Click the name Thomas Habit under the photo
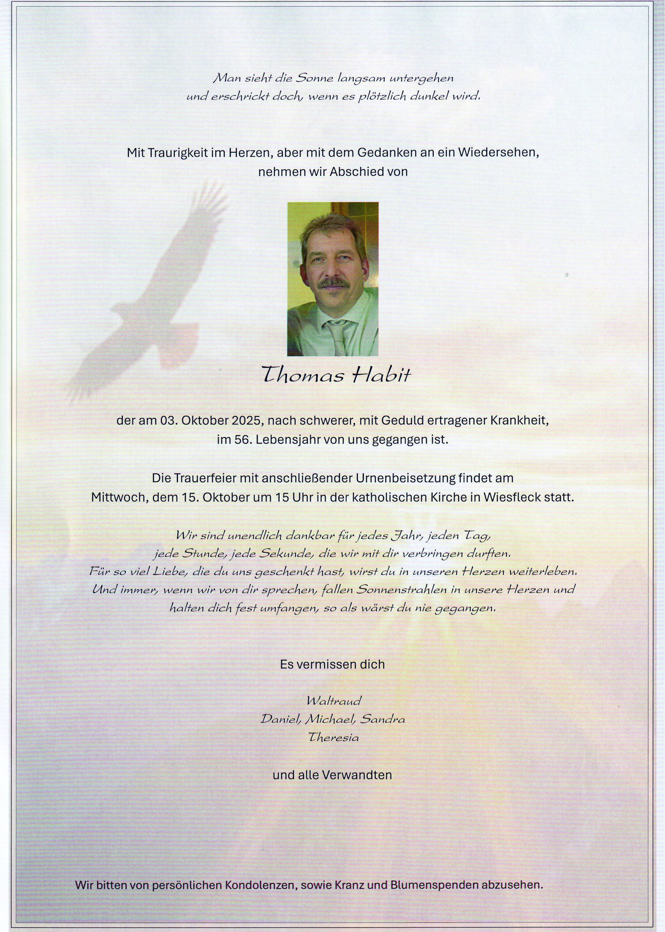(336, 375)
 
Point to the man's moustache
(334, 282)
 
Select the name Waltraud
(334, 700)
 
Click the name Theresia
(333, 737)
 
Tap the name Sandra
(382, 719)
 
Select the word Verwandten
(357, 774)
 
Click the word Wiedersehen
(497, 153)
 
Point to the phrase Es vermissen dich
(332, 664)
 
